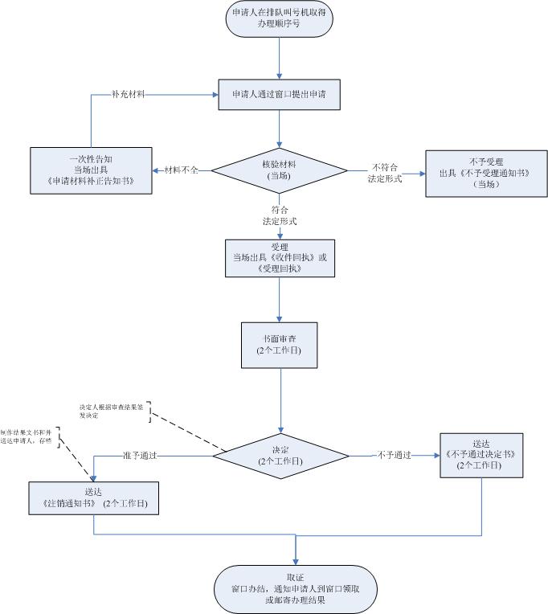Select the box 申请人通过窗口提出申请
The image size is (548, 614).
tap(279, 94)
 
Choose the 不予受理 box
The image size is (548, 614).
tap(475, 172)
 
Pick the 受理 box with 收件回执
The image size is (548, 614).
tap(279, 257)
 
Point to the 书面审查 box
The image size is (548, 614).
tap(279, 346)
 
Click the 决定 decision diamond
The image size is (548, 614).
tap(279, 455)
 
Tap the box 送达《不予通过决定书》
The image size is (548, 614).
tap(481, 455)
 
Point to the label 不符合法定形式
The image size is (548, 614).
tap(385, 172)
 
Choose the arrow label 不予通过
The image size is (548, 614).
tap(395, 456)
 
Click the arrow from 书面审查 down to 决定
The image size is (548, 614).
tap(279, 402)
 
